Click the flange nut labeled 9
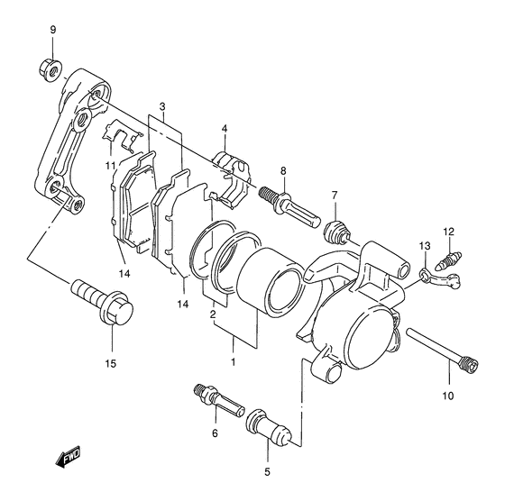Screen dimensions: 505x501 [50, 69]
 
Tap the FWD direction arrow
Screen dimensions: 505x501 [68, 457]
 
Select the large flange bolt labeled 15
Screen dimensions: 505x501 [102, 301]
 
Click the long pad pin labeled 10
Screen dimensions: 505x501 [443, 351]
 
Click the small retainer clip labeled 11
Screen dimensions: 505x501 [122, 134]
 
